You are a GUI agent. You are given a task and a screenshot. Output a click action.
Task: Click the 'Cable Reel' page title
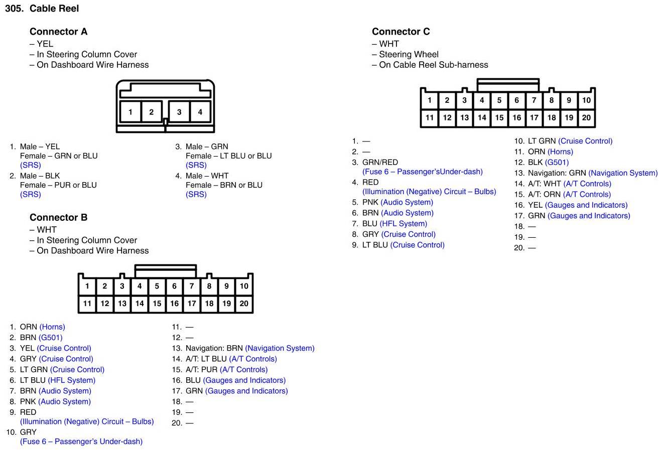pos(54,9)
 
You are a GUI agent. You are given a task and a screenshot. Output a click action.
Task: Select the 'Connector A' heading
pos(58,32)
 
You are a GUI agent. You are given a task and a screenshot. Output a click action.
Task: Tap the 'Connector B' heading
pos(58,217)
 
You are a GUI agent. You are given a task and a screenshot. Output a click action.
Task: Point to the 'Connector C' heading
pos(401,32)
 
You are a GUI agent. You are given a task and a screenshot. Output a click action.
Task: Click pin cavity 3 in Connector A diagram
pos(179,112)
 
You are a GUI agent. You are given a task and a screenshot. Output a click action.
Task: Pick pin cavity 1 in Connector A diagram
pos(130,112)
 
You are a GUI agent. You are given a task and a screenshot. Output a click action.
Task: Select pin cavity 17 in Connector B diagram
pos(192,304)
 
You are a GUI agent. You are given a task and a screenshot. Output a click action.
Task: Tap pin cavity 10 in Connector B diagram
pos(244,286)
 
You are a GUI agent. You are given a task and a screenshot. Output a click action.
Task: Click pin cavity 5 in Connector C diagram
pos(499,100)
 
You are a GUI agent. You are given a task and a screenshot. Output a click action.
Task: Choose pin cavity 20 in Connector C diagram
pos(586,118)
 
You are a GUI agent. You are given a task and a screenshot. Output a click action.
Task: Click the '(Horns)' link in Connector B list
pos(52,327)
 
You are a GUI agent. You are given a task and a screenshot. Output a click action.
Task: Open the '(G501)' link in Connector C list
pos(557,163)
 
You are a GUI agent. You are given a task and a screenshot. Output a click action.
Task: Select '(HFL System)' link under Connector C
pos(404,224)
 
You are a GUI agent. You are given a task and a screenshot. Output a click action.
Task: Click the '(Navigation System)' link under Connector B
pos(280,348)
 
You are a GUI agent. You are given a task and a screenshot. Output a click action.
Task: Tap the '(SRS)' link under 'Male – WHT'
pos(196,194)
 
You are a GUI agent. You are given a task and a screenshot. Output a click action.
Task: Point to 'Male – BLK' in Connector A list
pos(40,176)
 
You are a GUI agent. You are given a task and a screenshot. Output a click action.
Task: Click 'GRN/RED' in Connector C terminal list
pos(380,163)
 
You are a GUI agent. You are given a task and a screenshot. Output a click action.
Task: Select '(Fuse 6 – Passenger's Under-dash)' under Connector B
pos(81,441)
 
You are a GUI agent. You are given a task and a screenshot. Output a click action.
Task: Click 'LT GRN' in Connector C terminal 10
pos(542,141)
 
